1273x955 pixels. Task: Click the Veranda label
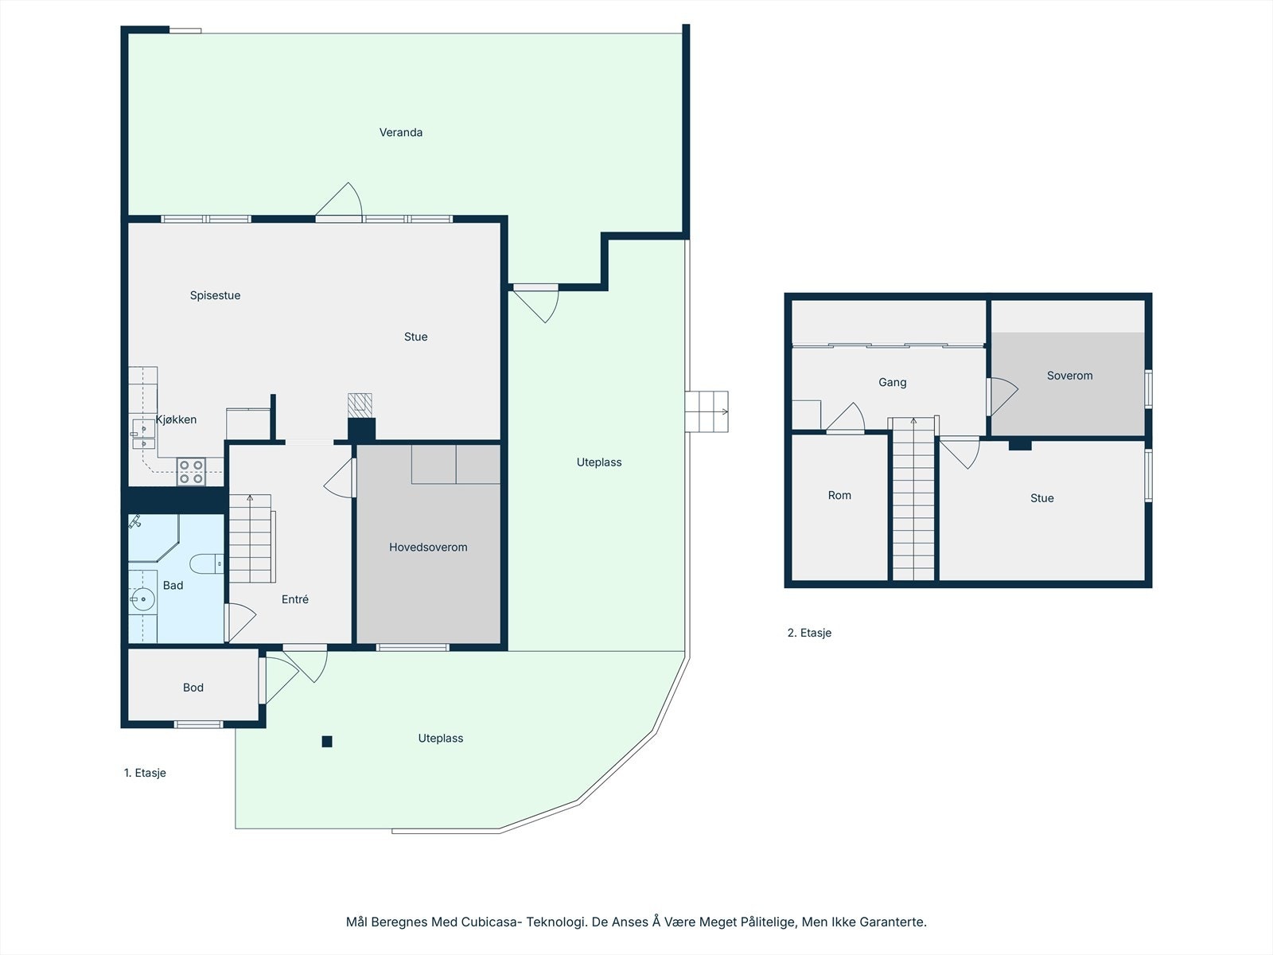point(401,132)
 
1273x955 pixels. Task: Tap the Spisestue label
point(215,295)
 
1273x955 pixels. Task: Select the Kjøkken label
point(177,419)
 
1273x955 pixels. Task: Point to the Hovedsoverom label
point(428,547)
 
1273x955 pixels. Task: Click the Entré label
point(295,599)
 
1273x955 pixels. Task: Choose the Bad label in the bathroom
point(173,585)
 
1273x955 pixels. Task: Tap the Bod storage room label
point(193,687)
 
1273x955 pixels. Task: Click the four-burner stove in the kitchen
point(191,471)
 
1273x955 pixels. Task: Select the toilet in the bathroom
point(206,563)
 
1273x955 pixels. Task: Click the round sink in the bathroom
point(142,599)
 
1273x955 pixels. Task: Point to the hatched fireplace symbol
point(360,405)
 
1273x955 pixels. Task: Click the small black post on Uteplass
point(327,741)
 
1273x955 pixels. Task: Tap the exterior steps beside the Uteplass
point(707,411)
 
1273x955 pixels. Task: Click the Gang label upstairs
point(892,382)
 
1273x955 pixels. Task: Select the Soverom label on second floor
point(1069,375)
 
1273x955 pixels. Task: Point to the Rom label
point(839,494)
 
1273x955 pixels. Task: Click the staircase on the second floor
point(913,499)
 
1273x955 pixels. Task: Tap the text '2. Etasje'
point(809,633)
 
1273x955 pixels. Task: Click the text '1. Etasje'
point(145,772)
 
